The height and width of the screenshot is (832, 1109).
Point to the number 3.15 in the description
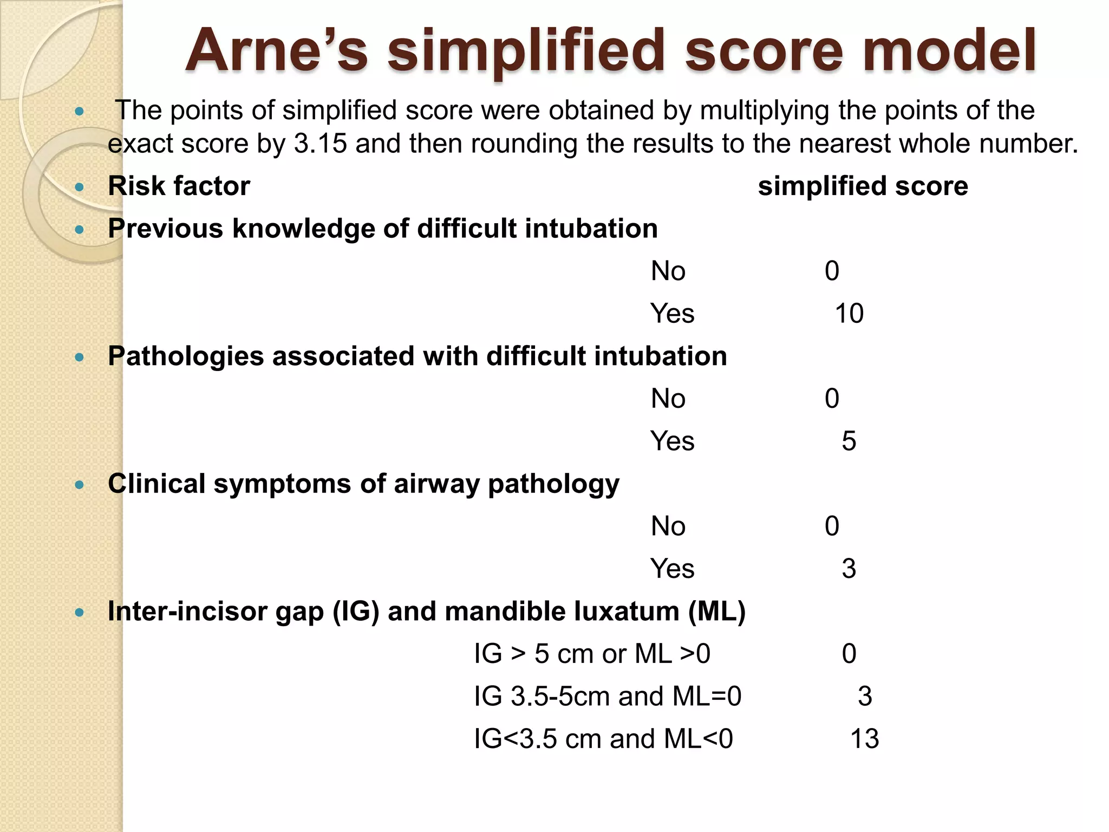coord(320,144)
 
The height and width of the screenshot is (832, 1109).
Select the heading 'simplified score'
coord(863,186)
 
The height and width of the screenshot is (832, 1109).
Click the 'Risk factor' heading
coord(179,186)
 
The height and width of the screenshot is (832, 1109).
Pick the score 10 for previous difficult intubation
coord(849,314)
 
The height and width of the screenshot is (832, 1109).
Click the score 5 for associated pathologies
coord(849,441)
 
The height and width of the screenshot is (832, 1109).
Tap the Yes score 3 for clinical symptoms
coord(849,569)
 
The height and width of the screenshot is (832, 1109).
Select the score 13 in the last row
coord(864,739)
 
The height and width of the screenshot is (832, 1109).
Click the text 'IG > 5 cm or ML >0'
coord(592,654)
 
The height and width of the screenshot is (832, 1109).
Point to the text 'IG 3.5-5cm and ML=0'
coord(608,697)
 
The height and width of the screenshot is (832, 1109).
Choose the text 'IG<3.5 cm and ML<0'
coord(603,739)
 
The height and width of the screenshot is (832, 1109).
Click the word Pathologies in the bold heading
coord(185,356)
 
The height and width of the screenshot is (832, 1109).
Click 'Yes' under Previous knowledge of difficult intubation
coord(672,314)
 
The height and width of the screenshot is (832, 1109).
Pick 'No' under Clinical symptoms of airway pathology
coord(668,526)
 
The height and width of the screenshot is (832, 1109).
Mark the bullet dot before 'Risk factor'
coord(80,187)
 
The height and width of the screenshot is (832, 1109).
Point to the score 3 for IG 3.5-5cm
coord(865,697)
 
